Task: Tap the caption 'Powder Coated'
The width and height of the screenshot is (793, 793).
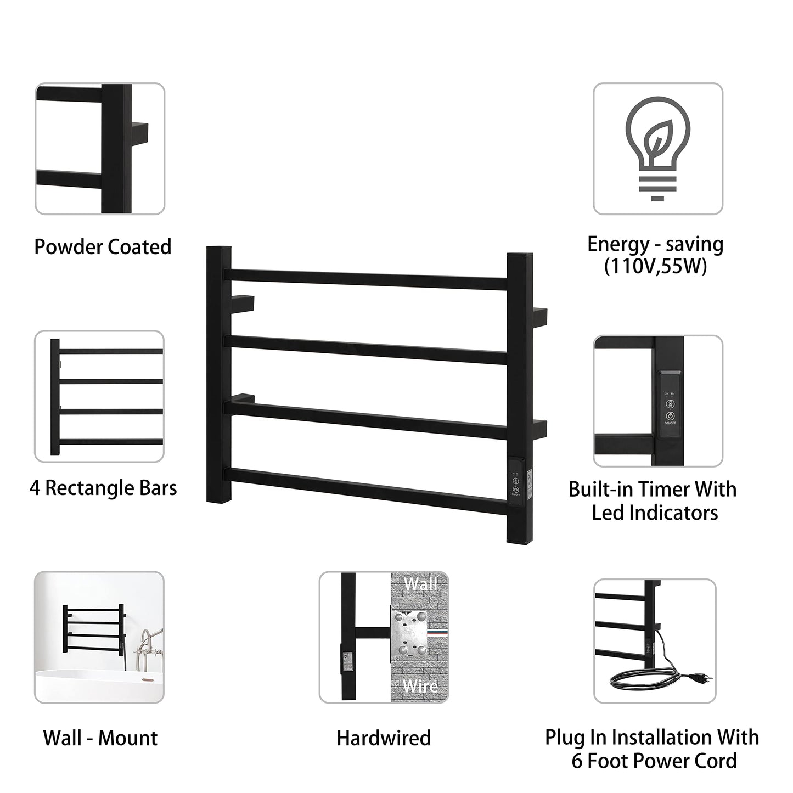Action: pyautogui.click(x=103, y=246)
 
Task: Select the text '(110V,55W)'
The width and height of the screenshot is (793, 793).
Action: pyautogui.click(x=655, y=267)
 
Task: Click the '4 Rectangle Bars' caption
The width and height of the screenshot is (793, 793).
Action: pyautogui.click(x=103, y=488)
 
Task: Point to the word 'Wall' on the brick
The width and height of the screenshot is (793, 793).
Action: pyautogui.click(x=420, y=584)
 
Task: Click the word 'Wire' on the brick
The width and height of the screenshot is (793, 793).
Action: pyautogui.click(x=420, y=686)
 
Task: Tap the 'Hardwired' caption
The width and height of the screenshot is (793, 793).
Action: pyautogui.click(x=384, y=738)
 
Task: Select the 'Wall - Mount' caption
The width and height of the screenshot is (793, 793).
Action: pyautogui.click(x=100, y=738)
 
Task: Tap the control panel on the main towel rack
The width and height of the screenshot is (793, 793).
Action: pyautogui.click(x=516, y=483)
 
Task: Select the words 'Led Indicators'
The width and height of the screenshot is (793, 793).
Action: pyautogui.click(x=655, y=513)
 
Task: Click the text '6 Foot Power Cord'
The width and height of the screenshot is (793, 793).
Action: pyautogui.click(x=654, y=762)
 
